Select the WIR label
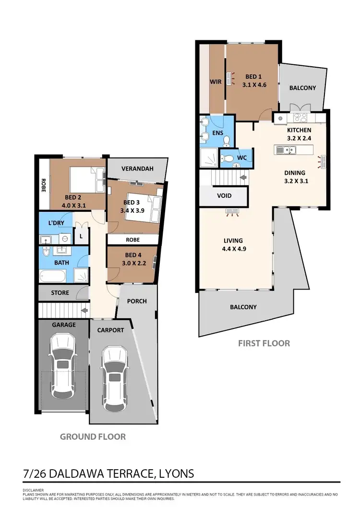(216, 82)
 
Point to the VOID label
(224, 195)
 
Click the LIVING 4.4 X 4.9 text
(232, 245)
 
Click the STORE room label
(60, 292)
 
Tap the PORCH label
(136, 301)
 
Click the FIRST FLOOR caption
(264, 343)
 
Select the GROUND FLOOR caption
(93, 436)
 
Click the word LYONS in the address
(174, 473)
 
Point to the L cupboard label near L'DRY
(81, 237)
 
